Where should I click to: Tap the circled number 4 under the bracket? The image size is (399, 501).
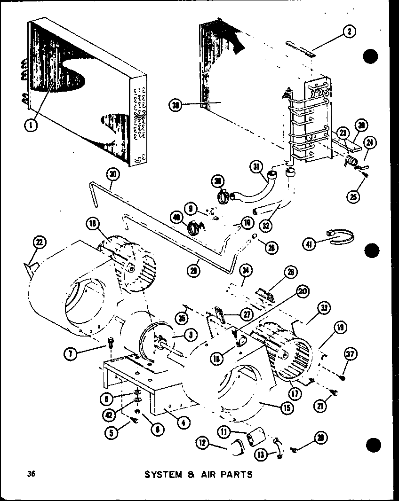[183, 422]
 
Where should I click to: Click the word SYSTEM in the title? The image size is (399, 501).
[162, 474]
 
